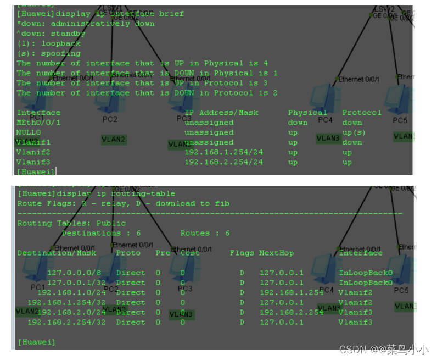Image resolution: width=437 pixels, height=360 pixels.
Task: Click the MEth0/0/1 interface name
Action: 38,123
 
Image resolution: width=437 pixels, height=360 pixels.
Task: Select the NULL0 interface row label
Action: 29,132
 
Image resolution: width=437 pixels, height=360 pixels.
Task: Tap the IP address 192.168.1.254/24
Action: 223,152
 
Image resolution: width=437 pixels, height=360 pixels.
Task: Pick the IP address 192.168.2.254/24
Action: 223,162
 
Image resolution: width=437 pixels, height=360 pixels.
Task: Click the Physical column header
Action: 307,113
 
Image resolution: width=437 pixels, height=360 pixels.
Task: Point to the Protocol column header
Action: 361,113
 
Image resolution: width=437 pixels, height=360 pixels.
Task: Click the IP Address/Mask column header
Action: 221,113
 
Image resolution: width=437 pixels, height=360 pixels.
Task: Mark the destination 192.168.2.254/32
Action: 66,322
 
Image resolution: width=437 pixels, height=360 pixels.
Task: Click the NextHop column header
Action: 276,253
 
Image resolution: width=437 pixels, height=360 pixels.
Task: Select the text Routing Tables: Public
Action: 71,223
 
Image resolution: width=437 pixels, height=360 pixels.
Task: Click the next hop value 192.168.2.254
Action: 292,312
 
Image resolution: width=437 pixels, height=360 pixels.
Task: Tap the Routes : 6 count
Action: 205,233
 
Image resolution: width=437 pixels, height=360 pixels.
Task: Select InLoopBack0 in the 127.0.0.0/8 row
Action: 366,273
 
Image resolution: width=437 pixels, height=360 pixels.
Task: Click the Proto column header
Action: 128,253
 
